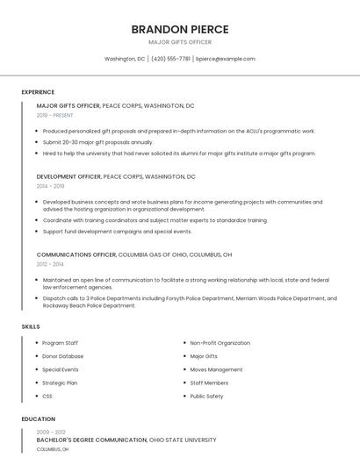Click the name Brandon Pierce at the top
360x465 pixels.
[x=179, y=29]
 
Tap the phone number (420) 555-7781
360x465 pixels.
[x=170, y=59]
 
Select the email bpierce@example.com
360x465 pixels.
[x=226, y=59]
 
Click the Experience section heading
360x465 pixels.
[x=38, y=92]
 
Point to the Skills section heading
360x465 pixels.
[x=31, y=327]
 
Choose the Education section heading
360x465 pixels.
[x=38, y=419]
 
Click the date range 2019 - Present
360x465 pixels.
[x=54, y=115]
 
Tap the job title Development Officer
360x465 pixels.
[x=68, y=176]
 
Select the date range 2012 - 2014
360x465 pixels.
[x=50, y=264]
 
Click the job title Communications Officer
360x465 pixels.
[x=76, y=254]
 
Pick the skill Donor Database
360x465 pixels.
[x=63, y=356]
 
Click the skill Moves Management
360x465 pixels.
[x=216, y=369]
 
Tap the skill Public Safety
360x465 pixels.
[x=207, y=396]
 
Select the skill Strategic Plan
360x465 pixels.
[x=60, y=383]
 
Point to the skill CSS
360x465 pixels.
[x=47, y=396]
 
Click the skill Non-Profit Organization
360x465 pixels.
[x=220, y=343]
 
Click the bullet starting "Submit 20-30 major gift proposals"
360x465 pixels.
[x=97, y=142]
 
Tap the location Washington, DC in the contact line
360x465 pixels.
[x=125, y=59]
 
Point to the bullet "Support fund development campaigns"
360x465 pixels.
[x=117, y=232]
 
